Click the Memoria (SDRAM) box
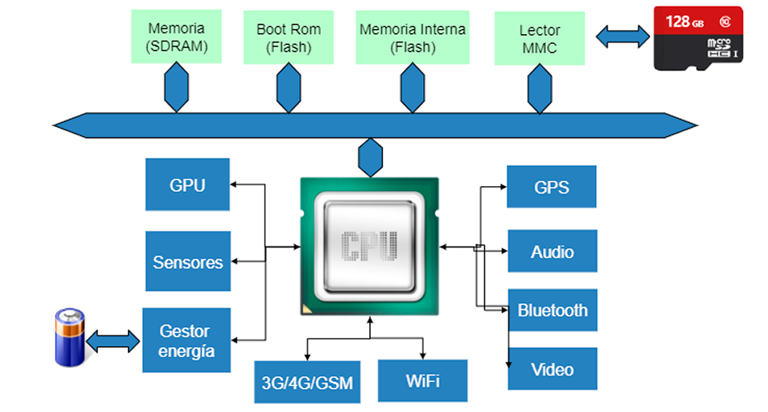176,37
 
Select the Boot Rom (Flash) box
288,38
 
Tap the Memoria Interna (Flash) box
412,38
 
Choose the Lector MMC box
539,38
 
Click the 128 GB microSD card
697,38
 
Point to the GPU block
187,185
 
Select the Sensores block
188,262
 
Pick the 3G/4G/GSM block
307,383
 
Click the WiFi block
422,381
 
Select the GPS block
551,187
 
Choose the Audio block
552,252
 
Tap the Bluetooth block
552,311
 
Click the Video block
552,370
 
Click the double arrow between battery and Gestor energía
113,340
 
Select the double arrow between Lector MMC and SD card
623,35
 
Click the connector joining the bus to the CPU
370,155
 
